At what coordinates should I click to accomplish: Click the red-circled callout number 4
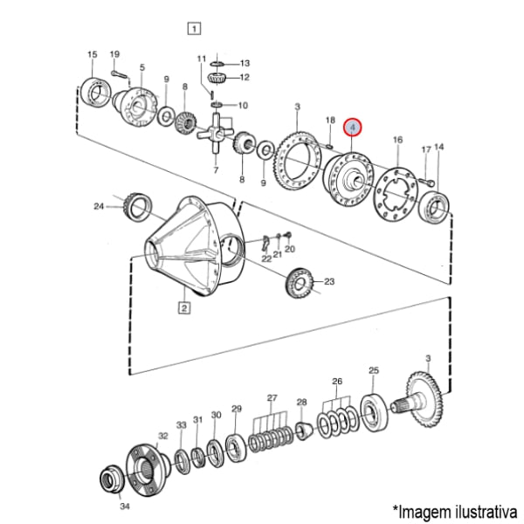click(x=353, y=128)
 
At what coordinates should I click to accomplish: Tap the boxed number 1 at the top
click(x=194, y=28)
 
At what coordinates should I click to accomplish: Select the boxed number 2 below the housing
click(x=185, y=307)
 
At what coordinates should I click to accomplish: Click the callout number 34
click(x=125, y=507)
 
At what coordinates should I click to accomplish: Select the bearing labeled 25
click(x=374, y=412)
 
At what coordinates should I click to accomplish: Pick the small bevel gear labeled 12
click(x=217, y=79)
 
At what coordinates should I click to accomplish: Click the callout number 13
click(x=245, y=63)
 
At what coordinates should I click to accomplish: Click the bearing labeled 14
click(x=434, y=208)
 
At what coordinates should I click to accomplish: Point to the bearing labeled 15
click(x=95, y=93)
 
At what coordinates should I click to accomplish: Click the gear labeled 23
click(x=299, y=283)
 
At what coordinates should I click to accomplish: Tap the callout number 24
click(x=99, y=206)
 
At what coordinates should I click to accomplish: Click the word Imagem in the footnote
click(x=424, y=512)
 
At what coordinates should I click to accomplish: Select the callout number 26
click(x=337, y=382)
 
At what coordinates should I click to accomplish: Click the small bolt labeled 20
click(x=289, y=235)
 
